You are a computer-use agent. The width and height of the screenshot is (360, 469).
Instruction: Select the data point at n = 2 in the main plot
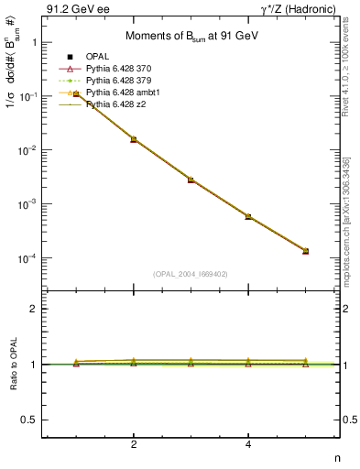134,139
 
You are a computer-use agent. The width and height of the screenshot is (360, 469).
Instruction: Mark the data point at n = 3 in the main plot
191,180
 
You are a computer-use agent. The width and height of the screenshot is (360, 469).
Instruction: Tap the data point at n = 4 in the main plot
248,216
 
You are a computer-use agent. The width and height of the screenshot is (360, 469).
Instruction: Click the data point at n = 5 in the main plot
305,251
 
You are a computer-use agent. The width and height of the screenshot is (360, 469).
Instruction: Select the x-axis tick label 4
248,444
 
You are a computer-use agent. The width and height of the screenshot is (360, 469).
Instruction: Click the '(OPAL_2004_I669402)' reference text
191,273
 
